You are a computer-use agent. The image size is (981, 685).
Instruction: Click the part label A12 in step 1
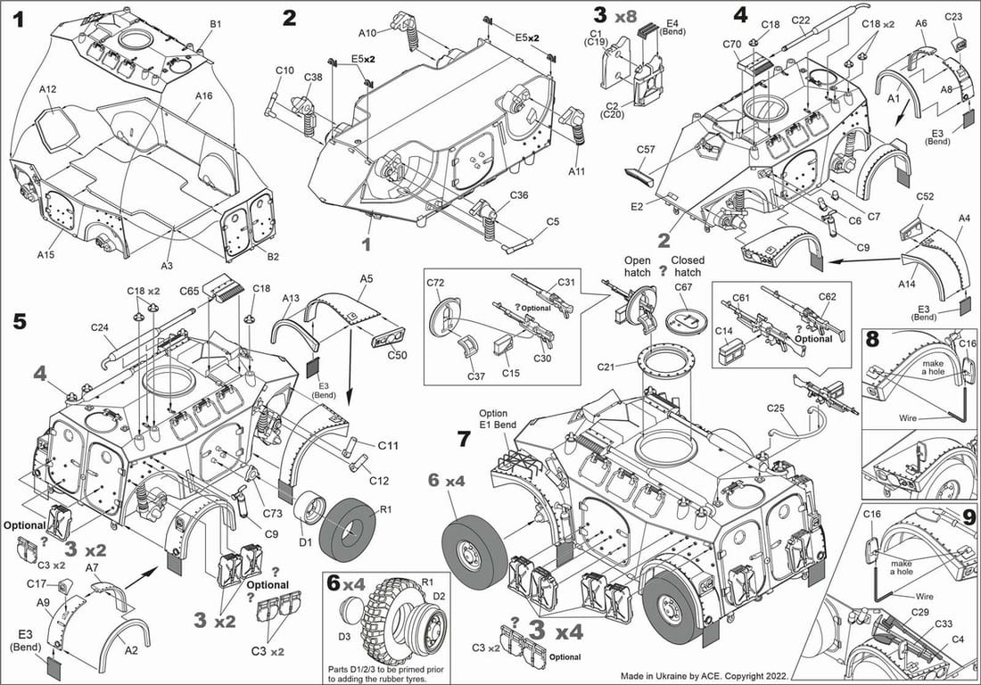pos(48,89)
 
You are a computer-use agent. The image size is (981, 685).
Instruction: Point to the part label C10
pos(284,70)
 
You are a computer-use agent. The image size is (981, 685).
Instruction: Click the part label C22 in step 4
pos(800,21)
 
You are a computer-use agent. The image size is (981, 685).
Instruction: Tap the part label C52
pos(924,195)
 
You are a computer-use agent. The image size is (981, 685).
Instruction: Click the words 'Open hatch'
pos(637,267)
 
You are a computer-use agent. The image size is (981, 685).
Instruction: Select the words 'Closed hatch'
pos(688,267)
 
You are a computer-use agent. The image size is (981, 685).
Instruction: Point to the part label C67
pos(683,286)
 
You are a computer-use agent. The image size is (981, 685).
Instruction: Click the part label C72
pos(436,282)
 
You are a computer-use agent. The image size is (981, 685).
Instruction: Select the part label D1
pos(304,541)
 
